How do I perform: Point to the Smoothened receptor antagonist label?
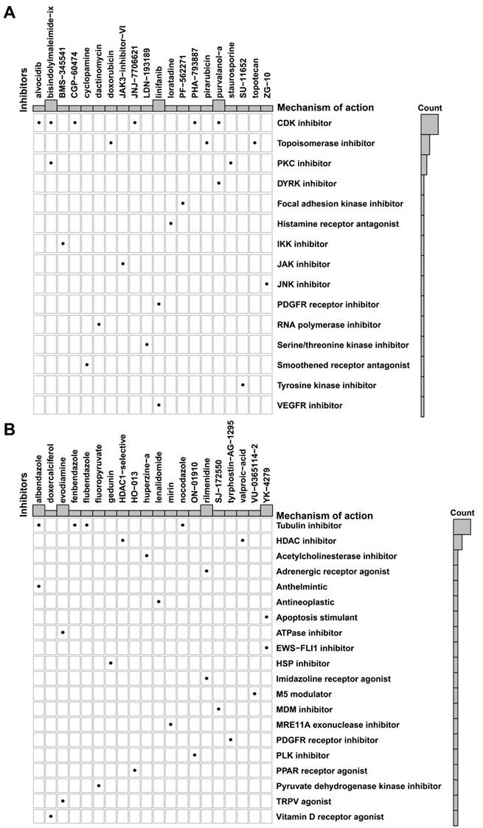[x=338, y=365]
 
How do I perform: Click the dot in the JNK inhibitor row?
[x=266, y=284]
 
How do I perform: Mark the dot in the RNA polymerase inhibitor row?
[x=98, y=324]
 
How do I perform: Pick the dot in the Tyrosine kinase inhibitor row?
[x=243, y=385]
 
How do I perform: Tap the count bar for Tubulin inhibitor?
[x=462, y=526]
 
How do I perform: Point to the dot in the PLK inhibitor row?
[x=195, y=734]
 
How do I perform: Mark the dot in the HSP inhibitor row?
[x=111, y=663]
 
